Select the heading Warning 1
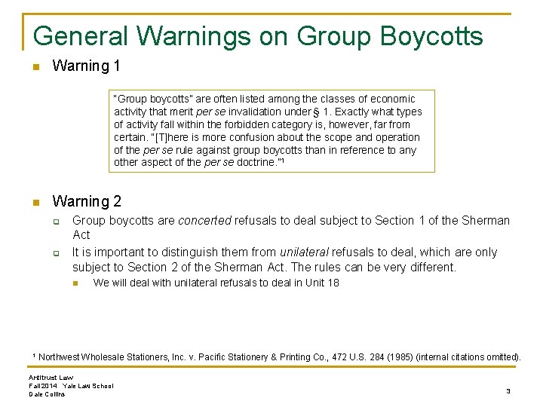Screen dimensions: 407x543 click(x=86, y=66)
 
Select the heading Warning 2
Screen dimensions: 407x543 click(x=86, y=201)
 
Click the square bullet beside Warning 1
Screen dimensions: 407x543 click(x=35, y=66)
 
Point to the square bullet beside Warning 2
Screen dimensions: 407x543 click(x=35, y=202)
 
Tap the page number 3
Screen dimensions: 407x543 click(x=508, y=391)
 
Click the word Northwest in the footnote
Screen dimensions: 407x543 click(x=65, y=357)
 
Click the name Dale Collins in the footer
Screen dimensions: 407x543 click(x=47, y=394)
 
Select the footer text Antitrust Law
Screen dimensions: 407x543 click(x=51, y=377)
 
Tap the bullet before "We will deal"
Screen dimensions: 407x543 click(x=76, y=283)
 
